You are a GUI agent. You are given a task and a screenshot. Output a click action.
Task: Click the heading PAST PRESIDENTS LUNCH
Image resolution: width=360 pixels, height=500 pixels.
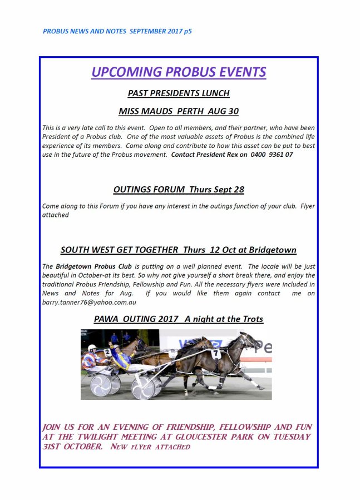179,93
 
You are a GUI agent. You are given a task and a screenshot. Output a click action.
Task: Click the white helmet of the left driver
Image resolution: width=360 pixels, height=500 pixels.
92,349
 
